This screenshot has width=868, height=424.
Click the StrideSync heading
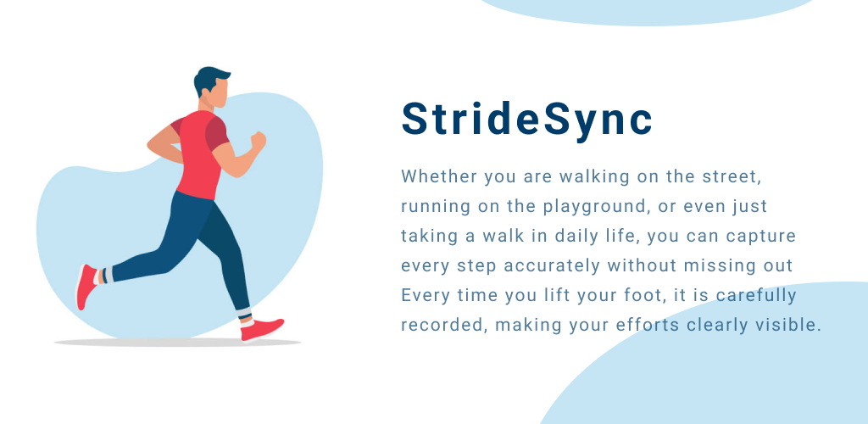[x=526, y=119]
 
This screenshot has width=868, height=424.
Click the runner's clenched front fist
[x=258, y=141]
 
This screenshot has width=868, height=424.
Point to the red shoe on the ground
[x=262, y=329]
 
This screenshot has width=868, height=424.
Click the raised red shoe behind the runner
[x=86, y=287]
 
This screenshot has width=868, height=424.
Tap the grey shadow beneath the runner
[x=177, y=343]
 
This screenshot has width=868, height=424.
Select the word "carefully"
[x=755, y=296]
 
